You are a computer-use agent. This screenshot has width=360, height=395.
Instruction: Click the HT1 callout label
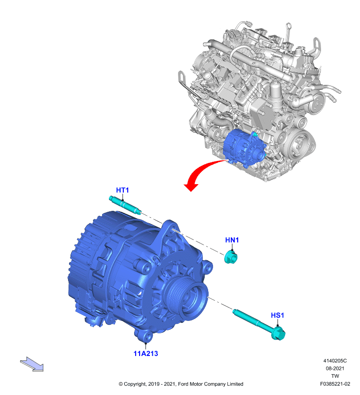pyautogui.click(x=122, y=190)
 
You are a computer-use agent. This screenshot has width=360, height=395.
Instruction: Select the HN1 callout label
pyautogui.click(x=232, y=240)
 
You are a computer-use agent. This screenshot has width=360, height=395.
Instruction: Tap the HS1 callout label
pyautogui.click(x=277, y=315)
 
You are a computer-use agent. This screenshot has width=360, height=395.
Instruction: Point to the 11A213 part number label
pyautogui.click(x=145, y=354)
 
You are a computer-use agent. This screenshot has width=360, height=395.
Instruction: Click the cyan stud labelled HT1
pyautogui.click(x=125, y=205)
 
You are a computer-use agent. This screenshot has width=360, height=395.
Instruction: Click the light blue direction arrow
pyautogui.click(x=32, y=364)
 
